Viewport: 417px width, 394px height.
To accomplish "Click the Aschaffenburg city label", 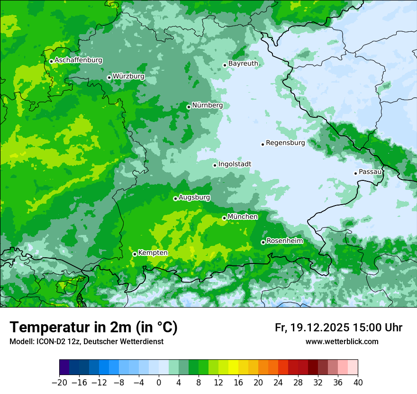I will coord(78,60).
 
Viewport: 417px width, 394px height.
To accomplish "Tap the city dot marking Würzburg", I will coord(109,77).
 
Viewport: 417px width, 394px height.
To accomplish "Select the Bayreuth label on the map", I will coord(243,64).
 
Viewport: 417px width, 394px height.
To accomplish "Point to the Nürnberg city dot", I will coord(189,107).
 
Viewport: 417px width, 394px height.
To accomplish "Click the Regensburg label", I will coord(285,142).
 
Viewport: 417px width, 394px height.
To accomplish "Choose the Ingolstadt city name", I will coord(235,164).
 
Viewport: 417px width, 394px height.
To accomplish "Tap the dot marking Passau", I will coord(355,173).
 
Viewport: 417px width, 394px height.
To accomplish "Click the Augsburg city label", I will coord(194,197).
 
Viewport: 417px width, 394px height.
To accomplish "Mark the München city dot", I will coord(224,218).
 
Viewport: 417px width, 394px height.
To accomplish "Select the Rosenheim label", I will coord(284,241).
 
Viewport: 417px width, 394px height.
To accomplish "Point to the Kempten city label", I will coord(153,253).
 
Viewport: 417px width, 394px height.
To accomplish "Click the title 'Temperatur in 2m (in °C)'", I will coord(93,328).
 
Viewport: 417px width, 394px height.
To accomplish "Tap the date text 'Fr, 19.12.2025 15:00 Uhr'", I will coord(338,328).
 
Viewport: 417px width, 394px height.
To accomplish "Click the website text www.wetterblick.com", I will coord(342,342).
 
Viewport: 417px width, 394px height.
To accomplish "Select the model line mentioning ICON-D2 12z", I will coord(86,342).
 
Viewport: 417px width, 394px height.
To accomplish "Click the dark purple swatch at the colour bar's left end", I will coord(64,367).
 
